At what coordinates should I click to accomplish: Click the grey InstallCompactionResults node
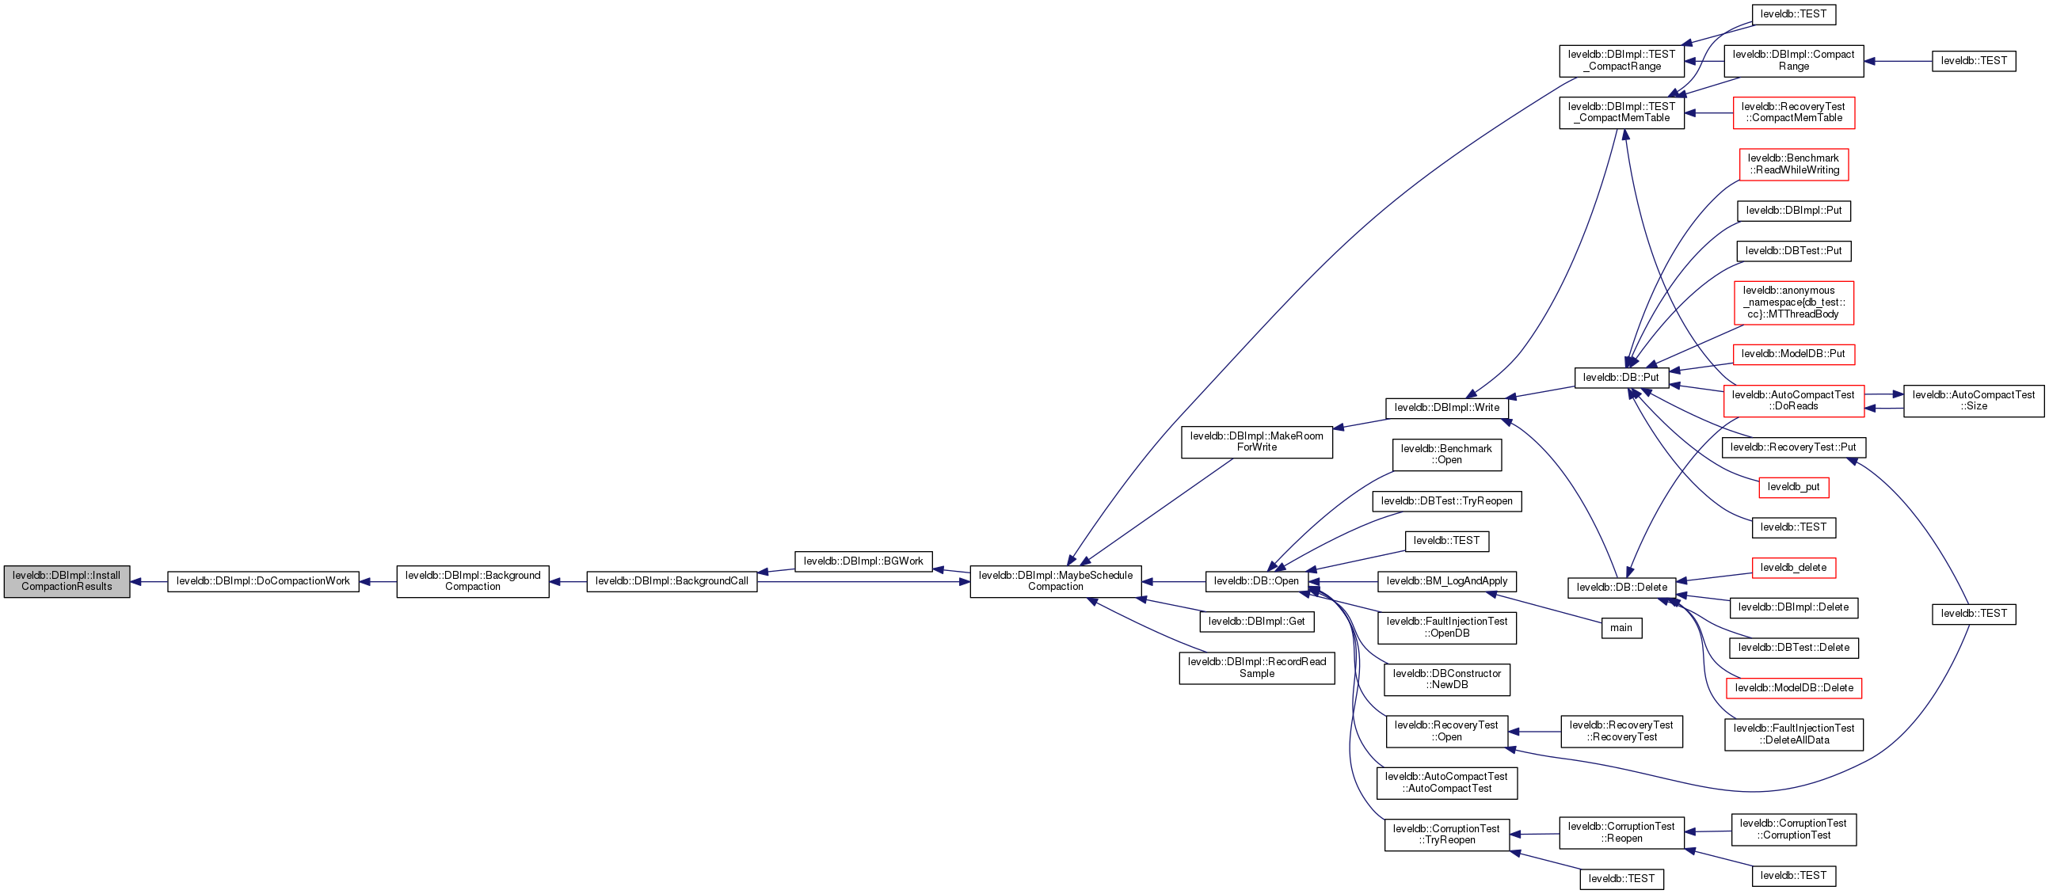click(x=67, y=581)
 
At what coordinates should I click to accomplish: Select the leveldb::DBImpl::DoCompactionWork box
click(x=262, y=581)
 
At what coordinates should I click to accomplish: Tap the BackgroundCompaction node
click(x=473, y=581)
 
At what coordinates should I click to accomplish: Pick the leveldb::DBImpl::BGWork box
click(x=863, y=561)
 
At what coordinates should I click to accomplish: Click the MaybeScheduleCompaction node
click(x=1056, y=581)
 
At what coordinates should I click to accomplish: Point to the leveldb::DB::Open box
click(x=1256, y=581)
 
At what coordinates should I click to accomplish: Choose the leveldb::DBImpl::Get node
click(x=1256, y=622)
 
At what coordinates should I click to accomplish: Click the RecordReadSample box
click(x=1257, y=668)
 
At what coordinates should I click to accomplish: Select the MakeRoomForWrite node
click(x=1257, y=442)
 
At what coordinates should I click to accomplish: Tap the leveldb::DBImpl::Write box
click(x=1446, y=408)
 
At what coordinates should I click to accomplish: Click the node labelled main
click(x=1621, y=629)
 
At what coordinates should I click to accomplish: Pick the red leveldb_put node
click(x=1793, y=488)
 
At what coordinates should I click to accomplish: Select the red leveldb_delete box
click(x=1793, y=568)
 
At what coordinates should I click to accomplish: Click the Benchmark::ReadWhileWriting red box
click(x=1793, y=165)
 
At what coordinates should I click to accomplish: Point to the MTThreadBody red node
click(x=1793, y=303)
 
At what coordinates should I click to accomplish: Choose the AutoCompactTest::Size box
click(x=1974, y=401)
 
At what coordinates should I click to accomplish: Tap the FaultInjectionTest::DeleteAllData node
click(x=1793, y=734)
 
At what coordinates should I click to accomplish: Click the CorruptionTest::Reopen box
click(x=1621, y=833)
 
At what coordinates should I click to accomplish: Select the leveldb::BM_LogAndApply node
click(x=1446, y=581)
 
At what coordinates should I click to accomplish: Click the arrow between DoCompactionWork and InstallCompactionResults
click(x=149, y=581)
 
